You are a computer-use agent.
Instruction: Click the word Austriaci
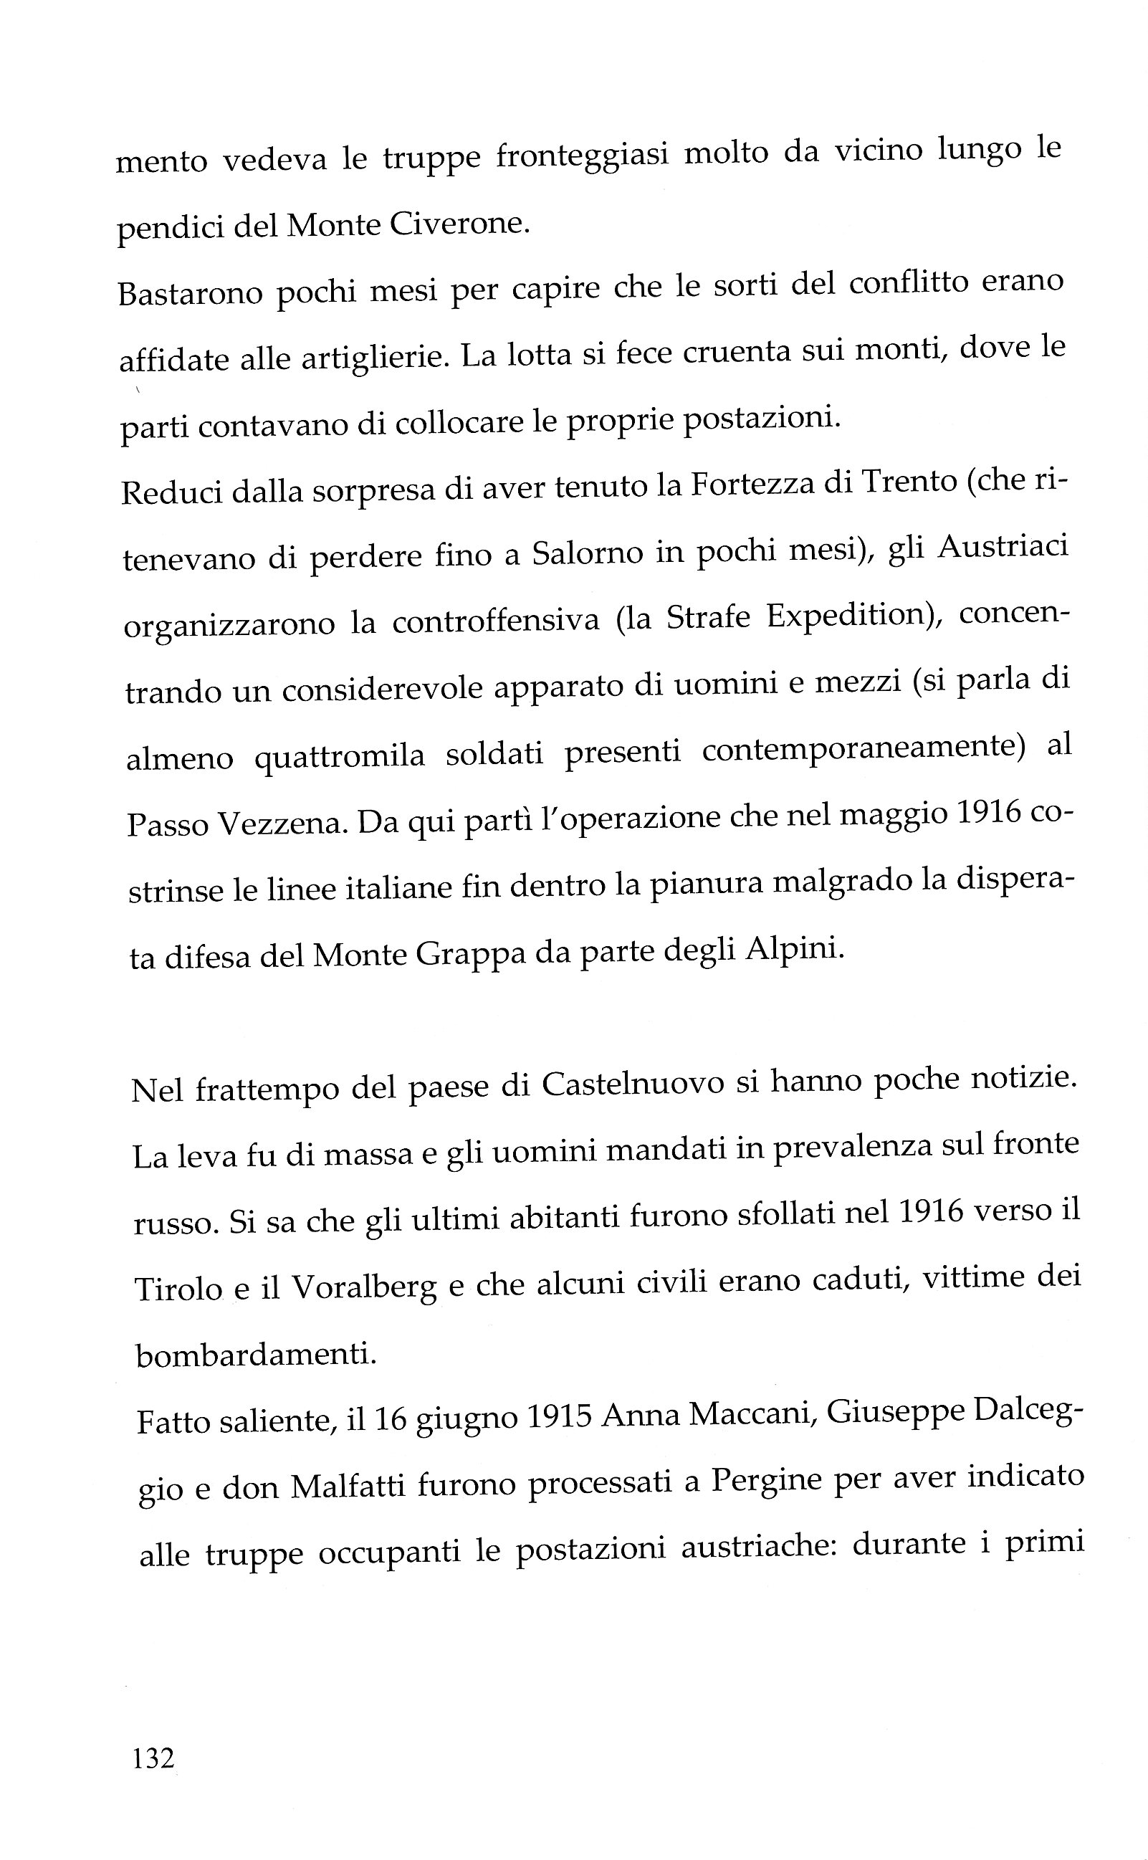click(x=1003, y=547)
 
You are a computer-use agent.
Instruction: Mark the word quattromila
click(x=340, y=758)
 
